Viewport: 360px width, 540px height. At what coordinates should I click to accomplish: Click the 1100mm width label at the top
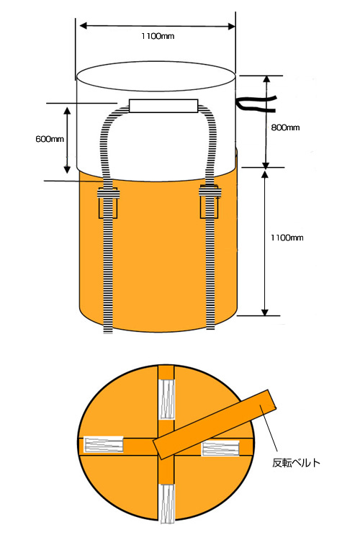[158, 36]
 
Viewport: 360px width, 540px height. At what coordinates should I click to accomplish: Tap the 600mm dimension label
[50, 139]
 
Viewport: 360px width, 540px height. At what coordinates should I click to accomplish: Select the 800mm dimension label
[285, 127]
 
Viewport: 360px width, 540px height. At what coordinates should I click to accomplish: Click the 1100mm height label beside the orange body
[287, 238]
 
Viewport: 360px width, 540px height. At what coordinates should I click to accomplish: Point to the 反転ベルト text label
[296, 462]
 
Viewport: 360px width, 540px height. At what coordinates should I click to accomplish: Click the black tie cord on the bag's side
[256, 104]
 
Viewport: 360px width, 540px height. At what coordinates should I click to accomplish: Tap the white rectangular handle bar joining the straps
[163, 106]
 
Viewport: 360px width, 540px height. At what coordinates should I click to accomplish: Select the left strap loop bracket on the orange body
[108, 203]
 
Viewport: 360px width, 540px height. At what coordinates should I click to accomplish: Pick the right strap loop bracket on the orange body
[210, 202]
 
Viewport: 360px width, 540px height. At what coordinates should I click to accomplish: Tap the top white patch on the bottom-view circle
[167, 399]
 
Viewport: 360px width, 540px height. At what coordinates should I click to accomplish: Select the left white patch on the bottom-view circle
[104, 444]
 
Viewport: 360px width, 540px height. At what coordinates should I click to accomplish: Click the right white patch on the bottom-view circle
[220, 449]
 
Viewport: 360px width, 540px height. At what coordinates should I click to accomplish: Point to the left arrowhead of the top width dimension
[83, 25]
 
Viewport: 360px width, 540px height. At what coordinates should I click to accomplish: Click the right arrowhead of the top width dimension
[232, 27]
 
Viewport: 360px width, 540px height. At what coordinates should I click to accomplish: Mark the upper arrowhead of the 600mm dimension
[67, 110]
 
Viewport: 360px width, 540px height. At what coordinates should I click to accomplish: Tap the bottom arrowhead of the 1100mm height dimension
[264, 312]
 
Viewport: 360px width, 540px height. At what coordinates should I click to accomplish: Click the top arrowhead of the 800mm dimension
[266, 79]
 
